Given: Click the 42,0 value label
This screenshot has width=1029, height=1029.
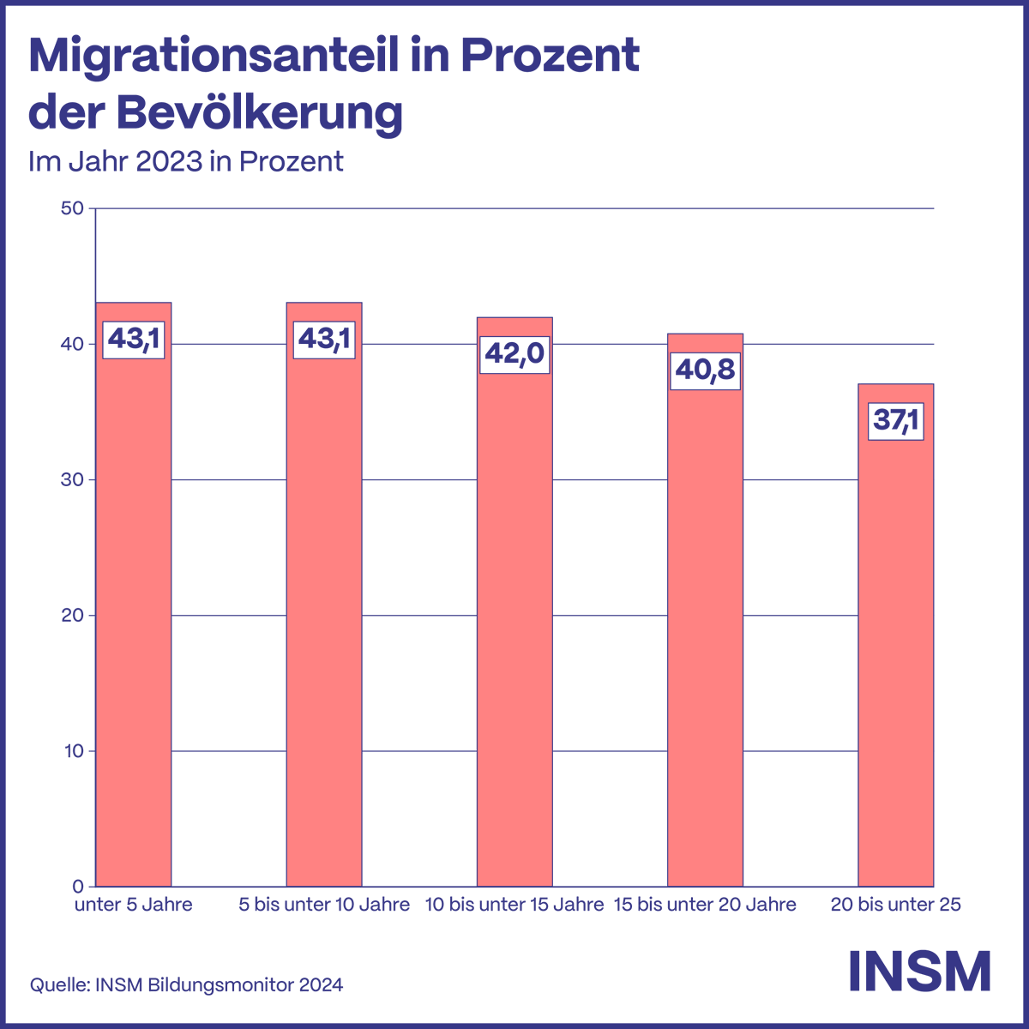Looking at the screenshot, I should (x=514, y=354).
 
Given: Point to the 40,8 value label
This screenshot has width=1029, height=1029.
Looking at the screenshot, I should (x=705, y=370).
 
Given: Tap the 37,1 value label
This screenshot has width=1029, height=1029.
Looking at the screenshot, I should (x=895, y=421).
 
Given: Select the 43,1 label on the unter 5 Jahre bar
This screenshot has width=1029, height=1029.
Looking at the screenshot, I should (x=133, y=340).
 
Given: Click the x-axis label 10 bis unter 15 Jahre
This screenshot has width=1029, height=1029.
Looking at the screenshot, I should (x=514, y=905).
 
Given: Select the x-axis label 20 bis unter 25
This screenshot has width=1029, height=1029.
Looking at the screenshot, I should (x=895, y=905).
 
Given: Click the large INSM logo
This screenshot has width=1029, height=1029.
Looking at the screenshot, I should (x=919, y=971).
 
